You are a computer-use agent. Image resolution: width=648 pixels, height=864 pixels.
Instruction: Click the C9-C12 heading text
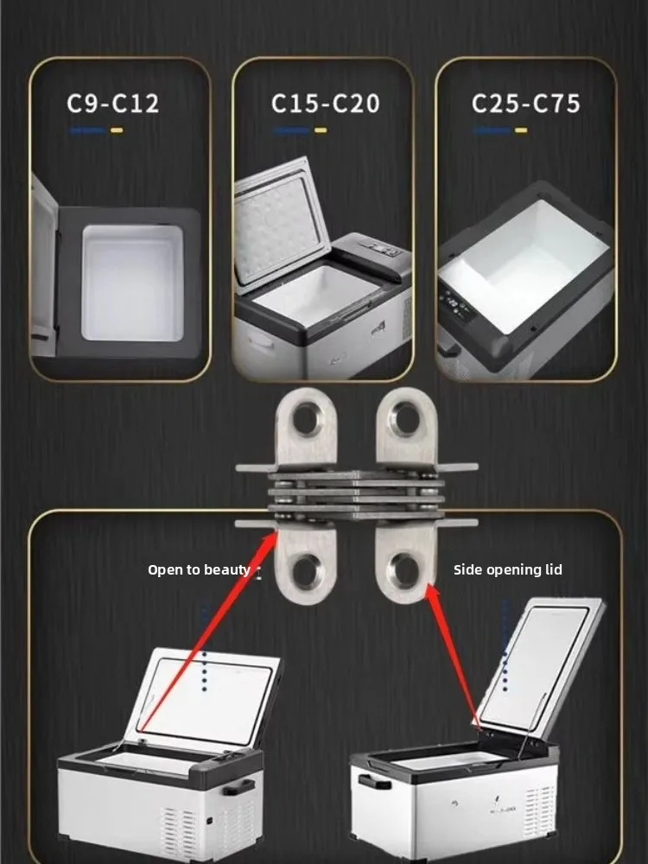point(113,104)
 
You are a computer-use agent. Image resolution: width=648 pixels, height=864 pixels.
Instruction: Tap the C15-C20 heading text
point(325,104)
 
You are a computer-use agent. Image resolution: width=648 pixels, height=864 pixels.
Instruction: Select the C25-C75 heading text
point(525,104)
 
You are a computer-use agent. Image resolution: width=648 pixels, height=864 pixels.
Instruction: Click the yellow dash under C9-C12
point(117,130)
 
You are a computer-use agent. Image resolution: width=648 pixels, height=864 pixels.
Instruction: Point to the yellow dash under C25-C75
point(521,130)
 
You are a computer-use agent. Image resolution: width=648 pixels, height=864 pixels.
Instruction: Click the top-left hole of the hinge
point(307,420)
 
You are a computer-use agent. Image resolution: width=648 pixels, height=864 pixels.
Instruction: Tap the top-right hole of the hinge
point(406,419)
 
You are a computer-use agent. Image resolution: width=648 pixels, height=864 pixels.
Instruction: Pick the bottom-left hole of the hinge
point(307,570)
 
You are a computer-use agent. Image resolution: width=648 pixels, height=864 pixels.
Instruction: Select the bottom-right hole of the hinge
point(405,570)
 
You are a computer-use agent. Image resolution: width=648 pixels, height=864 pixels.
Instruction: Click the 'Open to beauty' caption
point(199,569)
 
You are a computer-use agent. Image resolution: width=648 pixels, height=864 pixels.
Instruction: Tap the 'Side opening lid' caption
point(507,569)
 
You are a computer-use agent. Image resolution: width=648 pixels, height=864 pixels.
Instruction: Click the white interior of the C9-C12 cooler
point(132,283)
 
